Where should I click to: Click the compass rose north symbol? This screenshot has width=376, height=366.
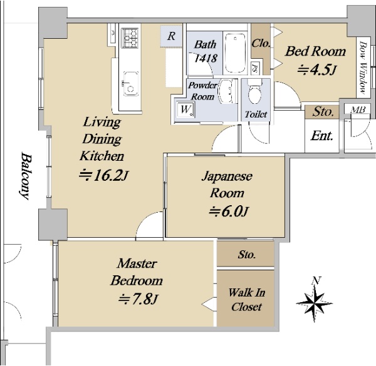coord(314,300)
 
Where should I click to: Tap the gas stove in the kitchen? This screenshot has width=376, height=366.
coord(130,38)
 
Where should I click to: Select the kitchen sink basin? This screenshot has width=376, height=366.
coord(131,84)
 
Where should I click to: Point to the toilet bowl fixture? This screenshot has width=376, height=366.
coord(254,91)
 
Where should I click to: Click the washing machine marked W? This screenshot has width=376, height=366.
coord(185,110)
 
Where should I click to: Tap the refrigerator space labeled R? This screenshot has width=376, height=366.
coord(171,36)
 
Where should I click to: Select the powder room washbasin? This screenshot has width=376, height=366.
coord(226,91)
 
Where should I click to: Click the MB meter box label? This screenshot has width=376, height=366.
coord(358,109)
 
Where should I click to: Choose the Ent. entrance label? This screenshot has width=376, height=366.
coord(322,136)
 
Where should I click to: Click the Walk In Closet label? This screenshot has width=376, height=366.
coord(246,300)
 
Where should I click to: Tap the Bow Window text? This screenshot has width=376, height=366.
coord(363,68)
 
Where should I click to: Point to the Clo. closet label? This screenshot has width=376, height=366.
coord(261,44)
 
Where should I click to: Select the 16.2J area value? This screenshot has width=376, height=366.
coord(103,175)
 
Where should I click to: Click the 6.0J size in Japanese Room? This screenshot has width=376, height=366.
coord(229,211)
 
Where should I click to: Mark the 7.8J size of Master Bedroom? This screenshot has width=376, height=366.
coord(138,299)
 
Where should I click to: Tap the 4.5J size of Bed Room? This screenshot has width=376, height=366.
coord(317,70)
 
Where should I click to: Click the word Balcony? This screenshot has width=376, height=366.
coord(26,176)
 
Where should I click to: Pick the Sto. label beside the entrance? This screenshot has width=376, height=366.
coord(323,112)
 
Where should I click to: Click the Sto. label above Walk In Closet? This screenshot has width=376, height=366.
coord(247,255)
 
